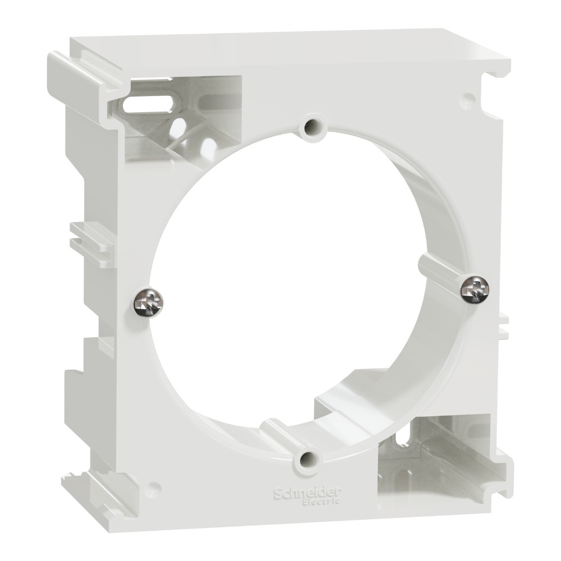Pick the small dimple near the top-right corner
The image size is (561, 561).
[x=465, y=103]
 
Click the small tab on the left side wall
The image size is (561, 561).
[x=87, y=236]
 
